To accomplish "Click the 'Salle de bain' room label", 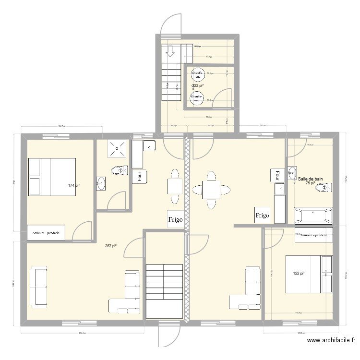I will (x=310, y=179).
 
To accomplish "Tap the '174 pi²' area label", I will (x=73, y=185).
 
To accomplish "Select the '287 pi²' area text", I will (x=111, y=246).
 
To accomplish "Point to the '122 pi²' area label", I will (x=299, y=274).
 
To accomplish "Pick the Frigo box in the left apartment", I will (x=175, y=220).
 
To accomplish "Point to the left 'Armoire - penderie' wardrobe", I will (x=46, y=233).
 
